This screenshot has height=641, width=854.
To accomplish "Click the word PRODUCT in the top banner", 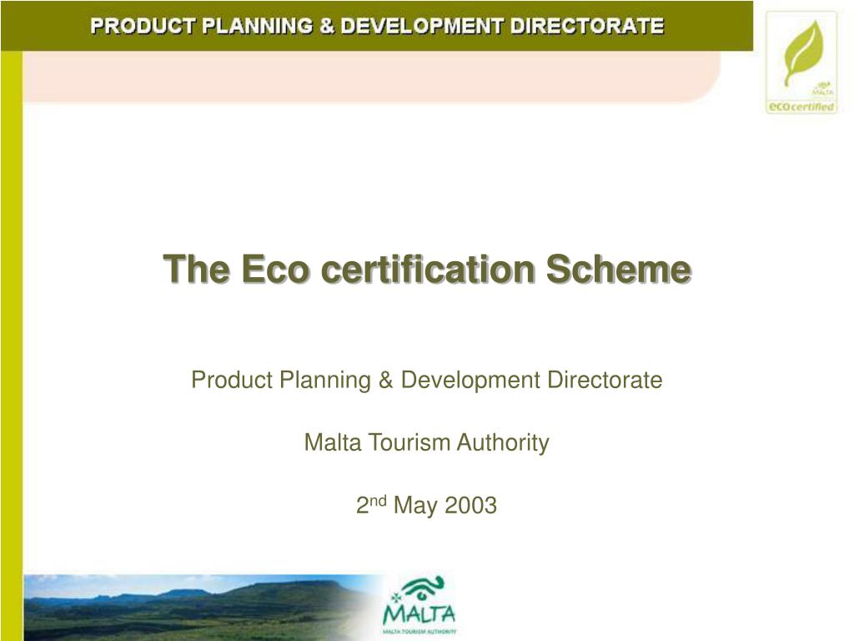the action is tap(143, 26).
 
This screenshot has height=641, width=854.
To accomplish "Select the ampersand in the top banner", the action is tap(327, 26).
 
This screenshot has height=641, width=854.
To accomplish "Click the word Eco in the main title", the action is tap(275, 269).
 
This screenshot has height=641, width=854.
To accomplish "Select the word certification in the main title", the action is tap(428, 269).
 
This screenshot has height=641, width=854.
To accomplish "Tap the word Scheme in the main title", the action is tap(618, 269).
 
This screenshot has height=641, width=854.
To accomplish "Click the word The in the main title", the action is tap(197, 269).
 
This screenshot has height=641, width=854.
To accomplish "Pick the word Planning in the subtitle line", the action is tap(325, 381).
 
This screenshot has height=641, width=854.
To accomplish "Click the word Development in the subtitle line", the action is tap(470, 381).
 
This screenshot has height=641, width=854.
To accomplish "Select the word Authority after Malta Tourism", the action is tap(503, 442).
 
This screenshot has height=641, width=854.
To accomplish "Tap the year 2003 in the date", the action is tap(470, 505).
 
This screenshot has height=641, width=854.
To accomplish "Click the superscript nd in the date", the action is tap(378, 501).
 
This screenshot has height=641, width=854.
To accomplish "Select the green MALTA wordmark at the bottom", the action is tap(419, 614).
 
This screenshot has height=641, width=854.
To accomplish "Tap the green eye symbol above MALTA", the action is tap(424, 588).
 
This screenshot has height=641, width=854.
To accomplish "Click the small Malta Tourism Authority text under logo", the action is tap(419, 632).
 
